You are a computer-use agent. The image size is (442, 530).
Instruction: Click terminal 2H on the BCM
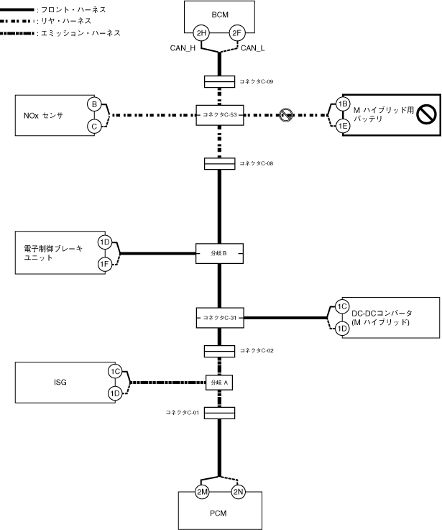[x=201, y=33]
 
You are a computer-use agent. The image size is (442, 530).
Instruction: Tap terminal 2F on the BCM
[x=237, y=33]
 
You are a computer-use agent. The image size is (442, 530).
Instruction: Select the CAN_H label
[x=183, y=48]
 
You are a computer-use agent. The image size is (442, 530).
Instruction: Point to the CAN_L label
[x=252, y=48]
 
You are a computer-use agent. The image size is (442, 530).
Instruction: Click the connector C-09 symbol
[x=220, y=82]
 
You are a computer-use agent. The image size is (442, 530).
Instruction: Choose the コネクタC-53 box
[x=220, y=115]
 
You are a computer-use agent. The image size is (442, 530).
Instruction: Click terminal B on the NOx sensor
[x=94, y=104]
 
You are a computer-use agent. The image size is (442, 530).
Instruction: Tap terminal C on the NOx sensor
[x=94, y=127]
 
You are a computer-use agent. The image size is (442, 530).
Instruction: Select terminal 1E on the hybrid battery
[x=343, y=126]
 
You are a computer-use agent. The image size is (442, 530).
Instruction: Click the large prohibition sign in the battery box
[x=426, y=114]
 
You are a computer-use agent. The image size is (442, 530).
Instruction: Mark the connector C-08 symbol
[x=220, y=163]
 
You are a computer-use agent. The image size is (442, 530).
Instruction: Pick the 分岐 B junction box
[x=219, y=254]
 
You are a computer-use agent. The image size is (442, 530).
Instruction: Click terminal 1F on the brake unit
[x=105, y=264]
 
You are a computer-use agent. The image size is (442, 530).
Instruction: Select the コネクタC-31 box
[x=220, y=318]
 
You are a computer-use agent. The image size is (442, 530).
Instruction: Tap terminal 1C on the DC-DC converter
[x=342, y=306]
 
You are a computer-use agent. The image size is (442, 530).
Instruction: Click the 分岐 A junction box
[x=219, y=383]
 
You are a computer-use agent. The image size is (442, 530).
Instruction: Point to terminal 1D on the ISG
[x=115, y=393]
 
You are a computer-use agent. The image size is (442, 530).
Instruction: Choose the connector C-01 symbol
[x=220, y=413]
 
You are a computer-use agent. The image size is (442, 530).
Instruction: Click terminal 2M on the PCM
[x=202, y=492]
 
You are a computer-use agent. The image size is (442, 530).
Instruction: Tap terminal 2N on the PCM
[x=238, y=492]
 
